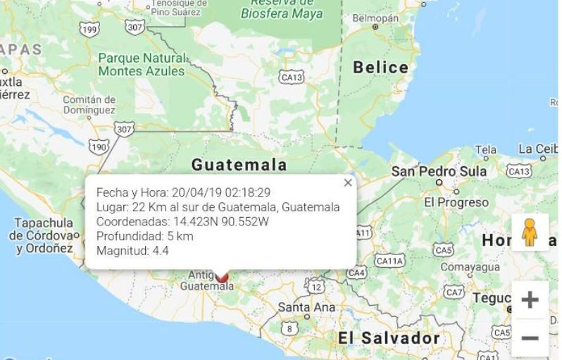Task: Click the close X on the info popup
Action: [347, 183]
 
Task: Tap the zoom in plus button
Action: [530, 299]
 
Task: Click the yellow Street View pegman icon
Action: [530, 232]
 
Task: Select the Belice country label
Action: [380, 68]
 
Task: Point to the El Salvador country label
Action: [389, 337]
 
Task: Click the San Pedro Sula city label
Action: [439, 171]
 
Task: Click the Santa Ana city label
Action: [306, 308]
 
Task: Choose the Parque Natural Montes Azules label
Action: [142, 64]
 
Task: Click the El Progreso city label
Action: [456, 202]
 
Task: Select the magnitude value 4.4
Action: [161, 250]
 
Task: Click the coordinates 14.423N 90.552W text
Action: [221, 221]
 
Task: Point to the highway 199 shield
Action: [89, 30]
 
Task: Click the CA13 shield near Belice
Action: [292, 77]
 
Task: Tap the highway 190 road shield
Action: [99, 147]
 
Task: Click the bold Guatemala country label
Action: [239, 165]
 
